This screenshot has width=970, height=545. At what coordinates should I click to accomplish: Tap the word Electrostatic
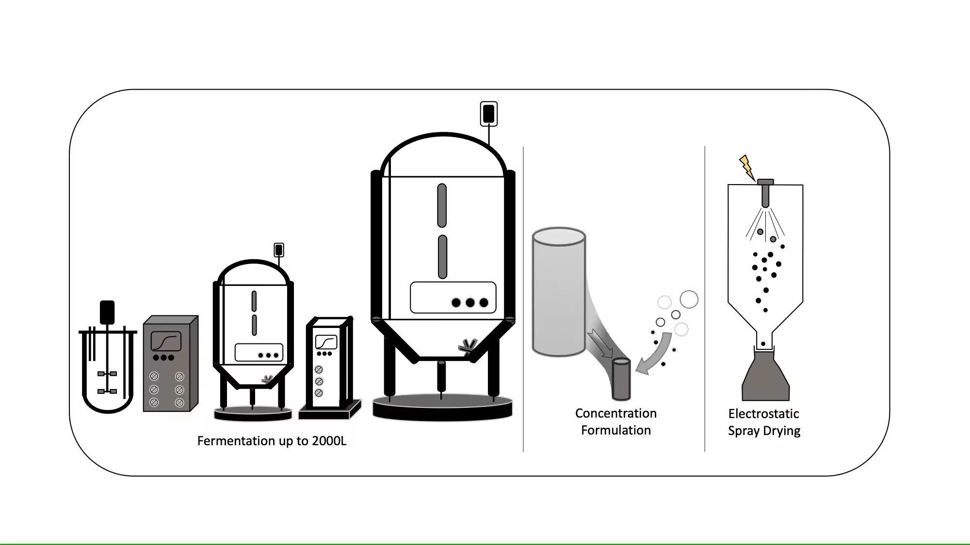pos(763,414)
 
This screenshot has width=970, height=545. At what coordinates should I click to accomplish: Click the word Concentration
pos(615,413)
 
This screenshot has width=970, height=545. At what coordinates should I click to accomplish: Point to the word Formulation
pos(615,430)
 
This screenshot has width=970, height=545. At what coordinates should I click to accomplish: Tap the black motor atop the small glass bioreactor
pos(107,312)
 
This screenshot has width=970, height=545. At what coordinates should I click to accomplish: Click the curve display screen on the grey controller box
pos(166,341)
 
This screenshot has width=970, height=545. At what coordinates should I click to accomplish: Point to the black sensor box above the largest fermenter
pos(488,114)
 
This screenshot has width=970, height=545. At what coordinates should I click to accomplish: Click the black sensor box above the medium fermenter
pos(278,250)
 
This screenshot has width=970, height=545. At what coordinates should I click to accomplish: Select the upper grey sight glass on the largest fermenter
pos(441,205)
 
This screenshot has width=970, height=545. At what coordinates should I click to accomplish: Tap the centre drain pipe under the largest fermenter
pos(441,376)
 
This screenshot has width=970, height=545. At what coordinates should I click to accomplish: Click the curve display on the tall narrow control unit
pos(326,342)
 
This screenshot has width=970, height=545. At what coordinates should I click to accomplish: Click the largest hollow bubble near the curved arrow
pos(689,299)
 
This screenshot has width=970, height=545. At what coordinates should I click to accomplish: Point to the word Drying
pos(781,431)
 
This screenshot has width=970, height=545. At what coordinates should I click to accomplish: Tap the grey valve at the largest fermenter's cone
pos(468,345)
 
